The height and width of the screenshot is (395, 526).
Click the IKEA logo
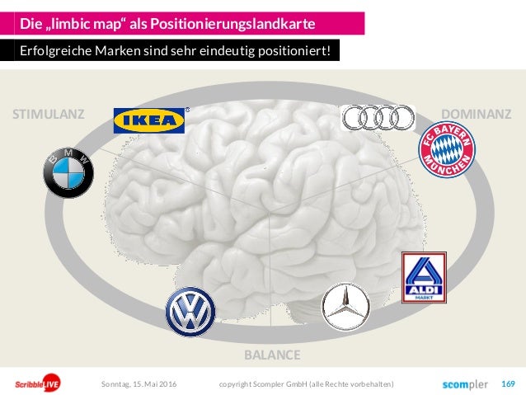[x=149, y=120]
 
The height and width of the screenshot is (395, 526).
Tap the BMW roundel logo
[x=69, y=173]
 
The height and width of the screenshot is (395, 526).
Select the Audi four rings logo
[x=378, y=117]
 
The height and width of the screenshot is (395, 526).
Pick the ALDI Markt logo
[x=423, y=278]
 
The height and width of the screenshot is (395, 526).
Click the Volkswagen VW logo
[x=190, y=313]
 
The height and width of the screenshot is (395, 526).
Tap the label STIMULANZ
[x=48, y=115]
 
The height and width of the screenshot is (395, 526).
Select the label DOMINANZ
[x=477, y=115]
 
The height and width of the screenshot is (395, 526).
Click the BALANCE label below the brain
[x=272, y=355]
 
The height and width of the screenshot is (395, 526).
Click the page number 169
[x=508, y=383]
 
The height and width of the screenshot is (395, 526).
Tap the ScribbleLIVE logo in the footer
[x=35, y=384]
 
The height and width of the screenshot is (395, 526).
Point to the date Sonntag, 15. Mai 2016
[x=139, y=384]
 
